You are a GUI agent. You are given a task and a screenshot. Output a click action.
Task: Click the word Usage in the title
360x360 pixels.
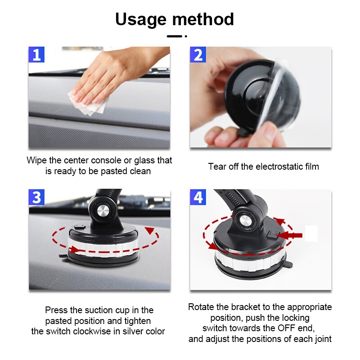click(140, 20)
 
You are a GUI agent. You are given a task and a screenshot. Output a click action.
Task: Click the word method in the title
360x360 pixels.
click(203, 19)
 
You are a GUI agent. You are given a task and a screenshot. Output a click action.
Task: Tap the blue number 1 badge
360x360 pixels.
click(36, 54)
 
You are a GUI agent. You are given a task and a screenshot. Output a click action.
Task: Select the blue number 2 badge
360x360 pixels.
click(198, 54)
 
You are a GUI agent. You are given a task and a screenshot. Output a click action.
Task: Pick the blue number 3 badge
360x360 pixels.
click(36, 197)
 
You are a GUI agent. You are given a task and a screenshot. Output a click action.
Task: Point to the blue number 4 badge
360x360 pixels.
click(198, 197)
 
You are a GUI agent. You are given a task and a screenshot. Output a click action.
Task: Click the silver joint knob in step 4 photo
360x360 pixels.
click(245, 221)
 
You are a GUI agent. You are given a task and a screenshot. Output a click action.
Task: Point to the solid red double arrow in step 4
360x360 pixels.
click(289, 235)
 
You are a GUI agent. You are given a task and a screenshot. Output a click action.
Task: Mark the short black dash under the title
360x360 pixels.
click(175, 36)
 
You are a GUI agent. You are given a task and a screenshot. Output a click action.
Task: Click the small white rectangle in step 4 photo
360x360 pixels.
click(311, 233)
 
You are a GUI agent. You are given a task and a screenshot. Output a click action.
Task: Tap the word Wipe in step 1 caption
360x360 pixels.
click(37, 161)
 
